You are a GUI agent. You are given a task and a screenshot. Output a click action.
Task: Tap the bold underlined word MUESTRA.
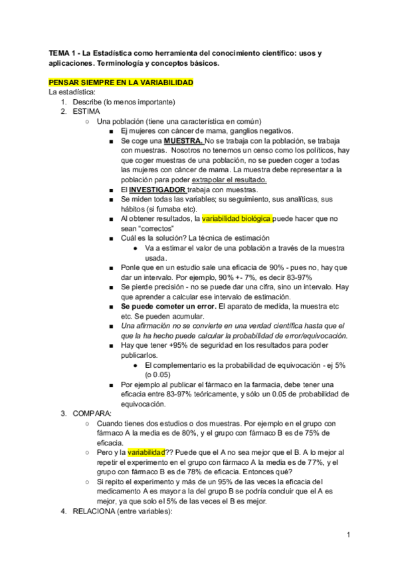point(183,142)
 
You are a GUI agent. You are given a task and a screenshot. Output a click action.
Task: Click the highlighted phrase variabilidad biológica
point(235,218)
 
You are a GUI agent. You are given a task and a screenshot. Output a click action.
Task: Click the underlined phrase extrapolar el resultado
point(229,180)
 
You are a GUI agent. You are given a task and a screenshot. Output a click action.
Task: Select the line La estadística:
point(68,92)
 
